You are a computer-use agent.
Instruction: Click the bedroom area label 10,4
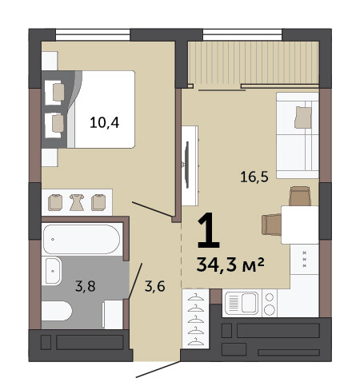(x=105, y=123)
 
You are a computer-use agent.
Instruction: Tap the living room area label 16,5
(x=254, y=177)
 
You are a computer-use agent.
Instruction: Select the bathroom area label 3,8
(x=86, y=286)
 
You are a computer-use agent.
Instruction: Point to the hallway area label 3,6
(x=155, y=286)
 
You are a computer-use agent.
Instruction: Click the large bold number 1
(x=209, y=230)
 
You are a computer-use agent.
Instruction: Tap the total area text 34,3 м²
(x=230, y=265)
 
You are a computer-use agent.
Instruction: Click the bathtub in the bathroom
(x=82, y=239)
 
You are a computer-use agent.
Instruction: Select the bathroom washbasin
(x=53, y=271)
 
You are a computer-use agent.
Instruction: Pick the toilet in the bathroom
(x=57, y=311)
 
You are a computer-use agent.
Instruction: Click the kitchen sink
(x=242, y=303)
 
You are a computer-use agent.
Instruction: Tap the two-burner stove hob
(x=270, y=304)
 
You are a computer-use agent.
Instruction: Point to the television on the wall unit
(x=187, y=165)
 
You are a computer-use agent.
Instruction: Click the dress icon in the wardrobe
(x=77, y=202)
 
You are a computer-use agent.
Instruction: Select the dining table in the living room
(x=300, y=225)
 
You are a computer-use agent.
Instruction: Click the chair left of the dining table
(x=271, y=225)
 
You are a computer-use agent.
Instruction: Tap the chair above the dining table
(x=300, y=196)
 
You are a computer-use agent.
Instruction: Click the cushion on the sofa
(x=303, y=117)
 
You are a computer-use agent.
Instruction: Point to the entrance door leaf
(x=158, y=369)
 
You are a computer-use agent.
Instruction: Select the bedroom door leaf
(x=152, y=209)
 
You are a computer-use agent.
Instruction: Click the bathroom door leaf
(x=135, y=281)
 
